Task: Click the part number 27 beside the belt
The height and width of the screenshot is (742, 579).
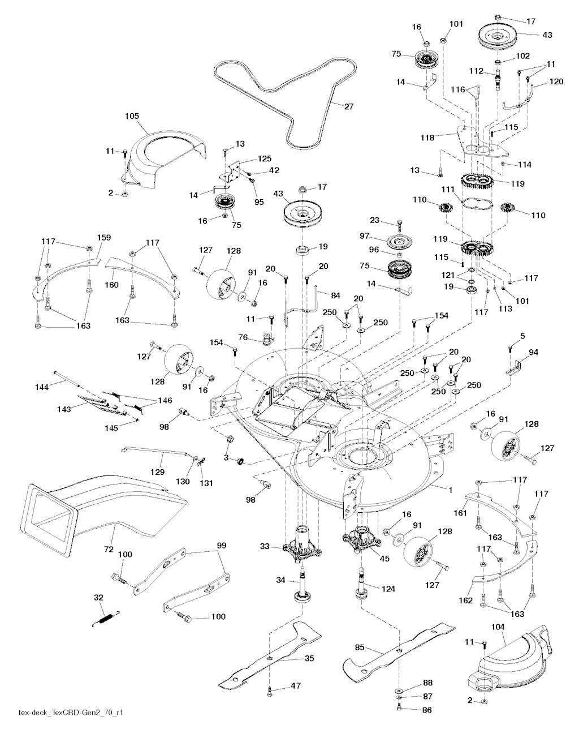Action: tap(349, 105)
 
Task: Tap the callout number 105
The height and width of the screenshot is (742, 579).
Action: tap(132, 116)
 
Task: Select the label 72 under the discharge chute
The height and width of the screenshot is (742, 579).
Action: tap(108, 550)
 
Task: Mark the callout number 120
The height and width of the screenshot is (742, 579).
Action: tap(556, 82)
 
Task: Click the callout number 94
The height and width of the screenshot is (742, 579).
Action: tap(533, 352)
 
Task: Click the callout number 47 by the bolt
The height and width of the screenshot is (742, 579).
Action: tap(295, 685)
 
